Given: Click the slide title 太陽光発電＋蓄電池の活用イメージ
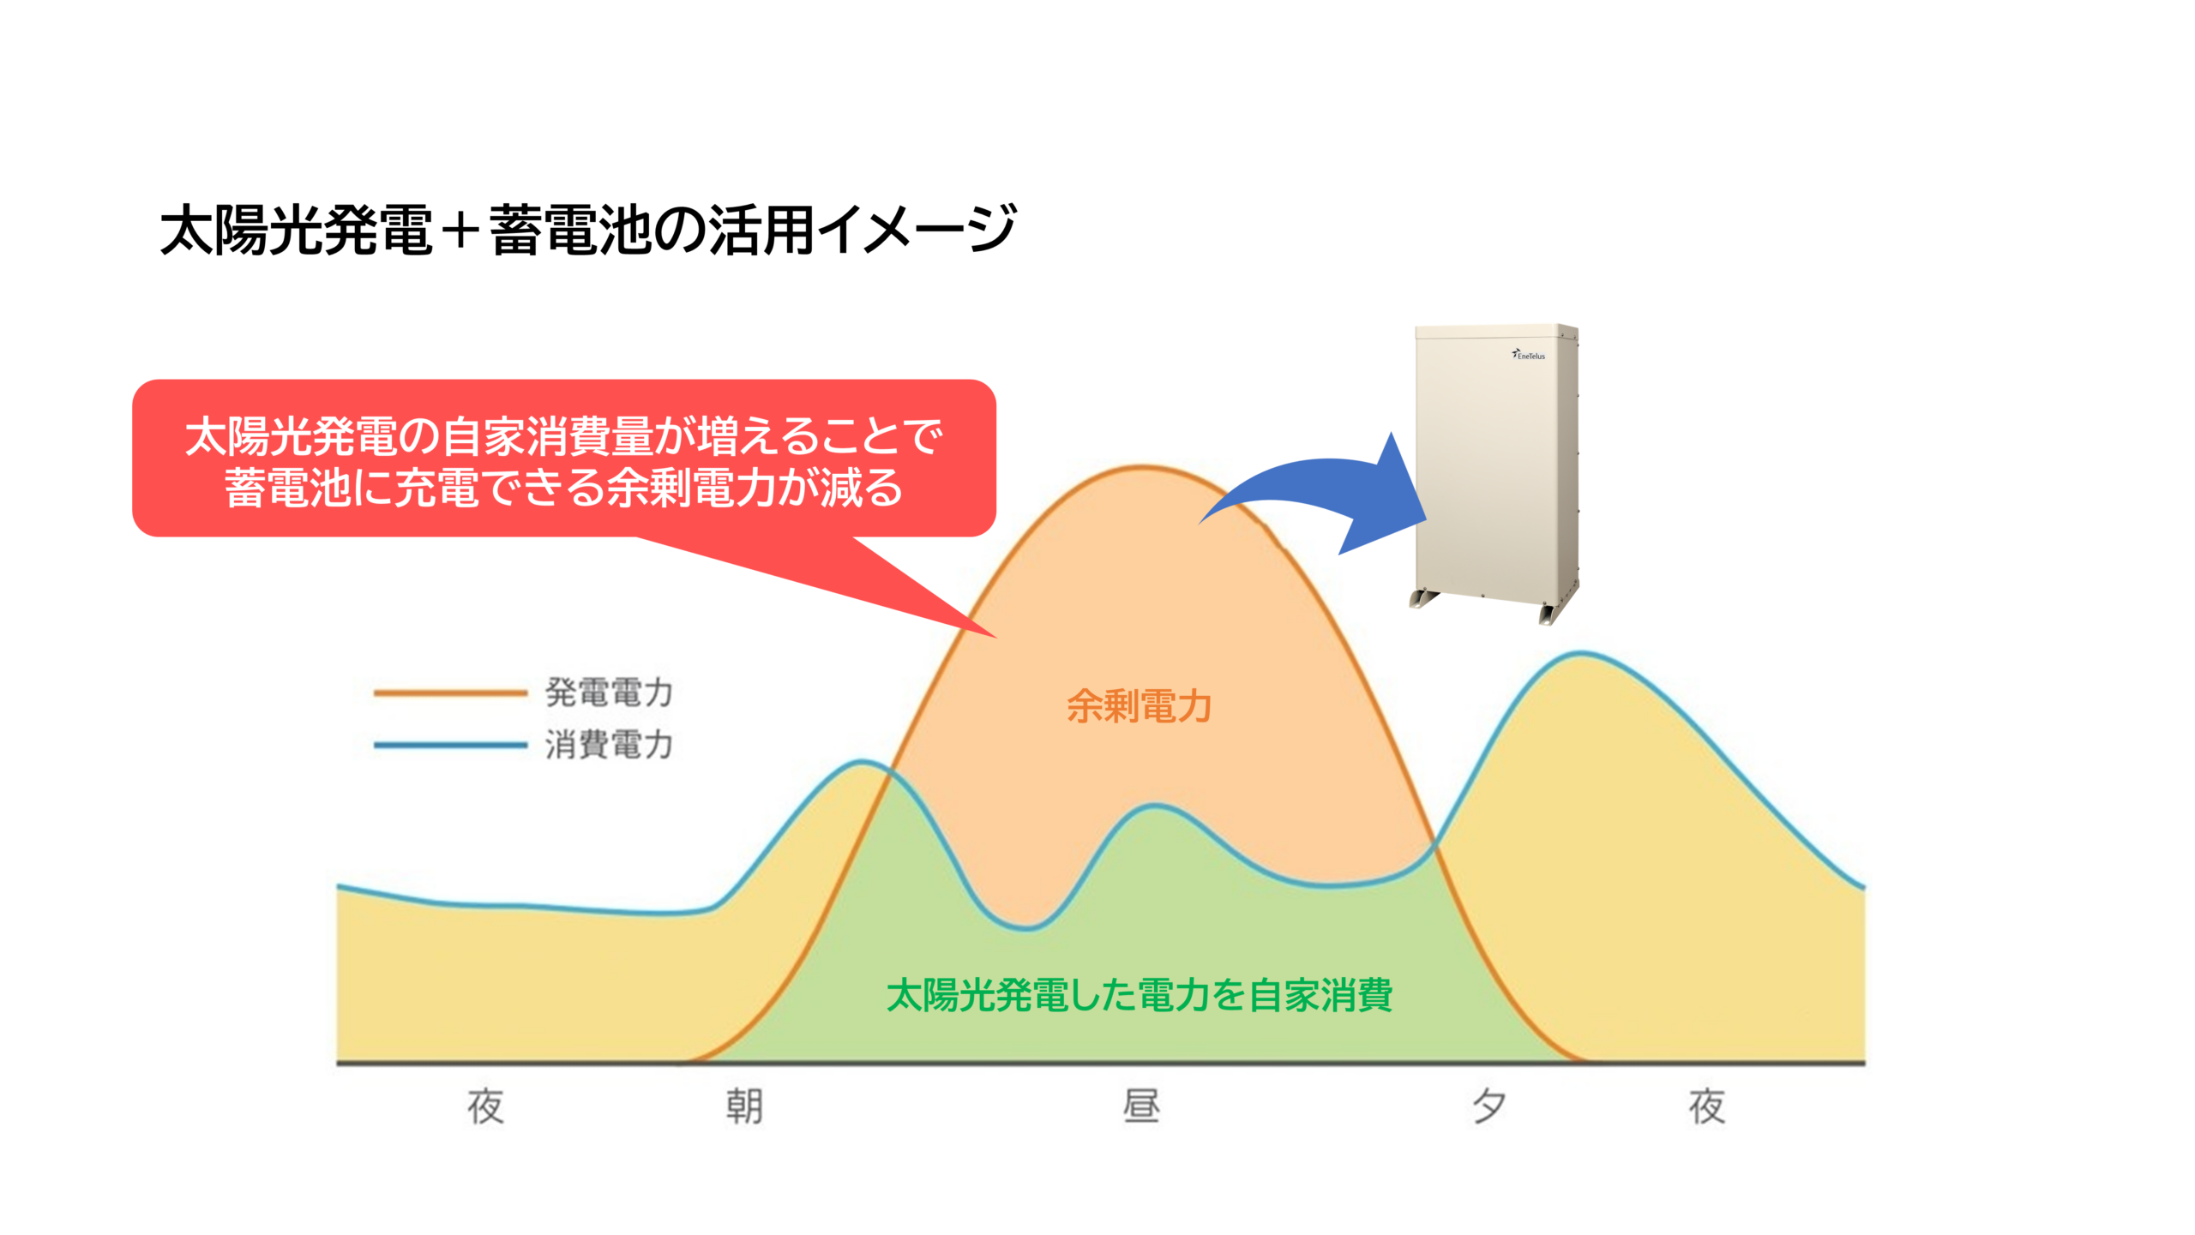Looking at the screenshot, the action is pyautogui.click(x=588, y=230).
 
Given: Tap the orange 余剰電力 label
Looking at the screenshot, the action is pyautogui.click(x=1139, y=707).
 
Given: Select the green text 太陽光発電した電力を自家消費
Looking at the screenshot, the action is pyautogui.click(x=1140, y=995).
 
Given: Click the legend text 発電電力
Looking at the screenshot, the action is pyautogui.click(x=609, y=692).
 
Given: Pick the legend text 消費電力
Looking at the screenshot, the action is pyautogui.click(x=609, y=745).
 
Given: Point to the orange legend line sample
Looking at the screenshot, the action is pyautogui.click(x=450, y=693).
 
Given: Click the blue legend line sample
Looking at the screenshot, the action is pyautogui.click(x=450, y=746).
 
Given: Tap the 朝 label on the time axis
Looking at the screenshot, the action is pyautogui.click(x=744, y=1106).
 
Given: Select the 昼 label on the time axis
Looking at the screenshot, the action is pyautogui.click(x=1141, y=1106).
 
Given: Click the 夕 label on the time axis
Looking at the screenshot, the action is pyautogui.click(x=1488, y=1106).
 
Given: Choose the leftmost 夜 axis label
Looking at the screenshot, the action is pyautogui.click(x=485, y=1106).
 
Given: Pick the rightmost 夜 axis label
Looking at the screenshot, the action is pyautogui.click(x=1707, y=1106).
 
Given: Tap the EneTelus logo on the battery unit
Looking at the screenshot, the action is pyautogui.click(x=1529, y=355).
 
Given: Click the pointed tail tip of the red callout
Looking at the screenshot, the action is pyautogui.click(x=996, y=638).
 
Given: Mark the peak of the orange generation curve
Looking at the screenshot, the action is pyautogui.click(x=1143, y=466).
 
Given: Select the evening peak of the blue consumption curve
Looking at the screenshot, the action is pyautogui.click(x=1582, y=653).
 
